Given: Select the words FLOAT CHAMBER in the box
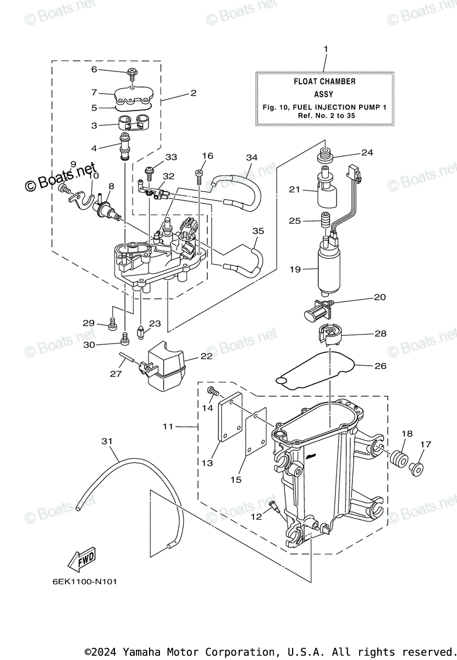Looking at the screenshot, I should [324, 81].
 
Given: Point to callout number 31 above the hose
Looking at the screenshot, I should [107, 441].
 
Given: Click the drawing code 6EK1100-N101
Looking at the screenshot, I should [85, 581].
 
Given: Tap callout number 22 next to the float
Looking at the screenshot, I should [206, 356].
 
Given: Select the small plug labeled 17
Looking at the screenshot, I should [416, 468].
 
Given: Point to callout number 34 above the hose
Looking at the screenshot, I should [251, 157].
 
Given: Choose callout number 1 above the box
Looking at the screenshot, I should [325, 50].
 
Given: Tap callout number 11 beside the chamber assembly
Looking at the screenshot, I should [168, 426].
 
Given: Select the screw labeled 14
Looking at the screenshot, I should [212, 392].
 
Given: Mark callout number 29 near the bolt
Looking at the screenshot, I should [89, 323].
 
